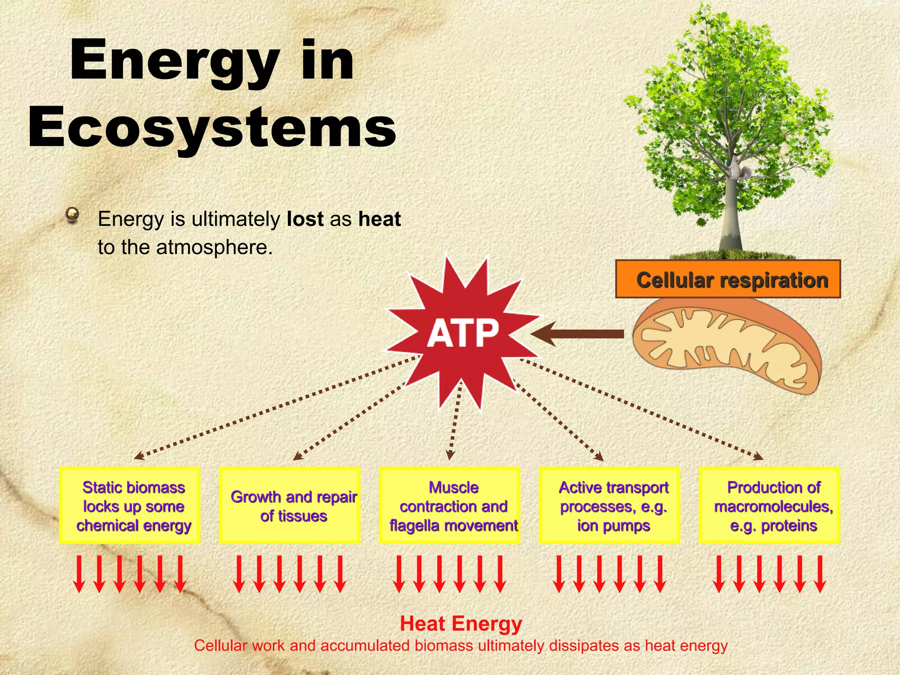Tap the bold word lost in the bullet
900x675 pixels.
(305, 219)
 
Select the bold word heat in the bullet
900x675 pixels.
(379, 219)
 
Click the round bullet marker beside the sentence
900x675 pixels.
(72, 215)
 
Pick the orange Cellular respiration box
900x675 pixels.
(728, 279)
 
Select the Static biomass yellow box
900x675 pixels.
(130, 506)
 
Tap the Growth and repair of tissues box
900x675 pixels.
(290, 506)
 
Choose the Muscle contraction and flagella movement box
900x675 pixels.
(450, 506)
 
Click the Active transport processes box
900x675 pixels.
(610, 506)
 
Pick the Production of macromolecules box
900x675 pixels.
(769, 506)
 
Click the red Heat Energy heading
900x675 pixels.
(461, 624)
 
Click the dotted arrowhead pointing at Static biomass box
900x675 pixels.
(138, 457)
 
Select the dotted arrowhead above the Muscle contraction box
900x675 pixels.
(450, 456)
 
